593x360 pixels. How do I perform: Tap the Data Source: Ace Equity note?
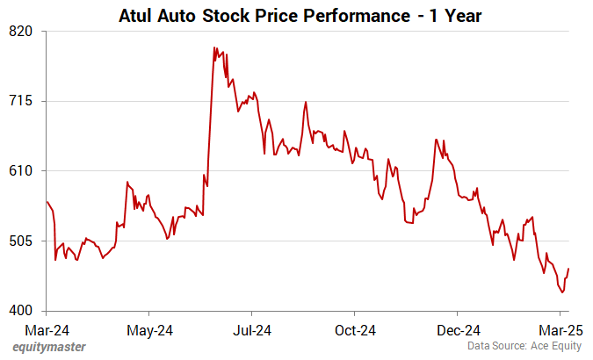(524, 348)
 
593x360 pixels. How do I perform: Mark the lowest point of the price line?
(562, 292)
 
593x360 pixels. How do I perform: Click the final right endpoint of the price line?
(568, 269)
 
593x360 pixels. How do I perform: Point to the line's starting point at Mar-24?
(46, 202)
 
